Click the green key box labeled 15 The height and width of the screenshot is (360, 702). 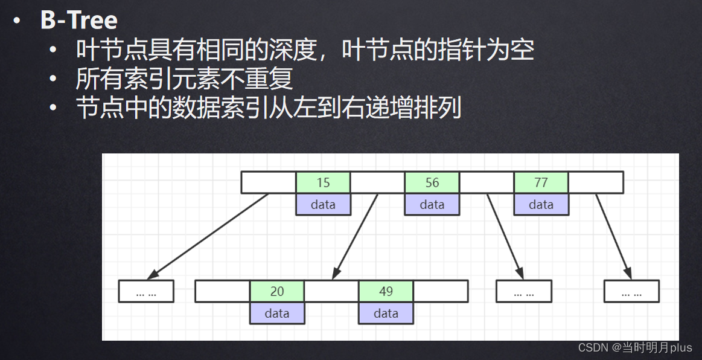coord(323,182)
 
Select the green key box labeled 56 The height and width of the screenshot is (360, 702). coord(432,182)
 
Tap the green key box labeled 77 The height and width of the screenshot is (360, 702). coord(541,182)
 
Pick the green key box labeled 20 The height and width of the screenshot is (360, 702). coord(277,291)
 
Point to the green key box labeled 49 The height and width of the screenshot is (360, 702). coord(386,291)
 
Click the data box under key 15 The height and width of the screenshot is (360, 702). coord(323,204)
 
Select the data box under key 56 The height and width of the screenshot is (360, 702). coord(432,204)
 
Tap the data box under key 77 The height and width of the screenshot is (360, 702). coord(541,204)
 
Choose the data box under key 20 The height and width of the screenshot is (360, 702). coord(277,313)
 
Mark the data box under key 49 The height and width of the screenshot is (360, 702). coord(386,313)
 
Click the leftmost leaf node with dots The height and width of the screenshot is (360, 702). coord(146,291)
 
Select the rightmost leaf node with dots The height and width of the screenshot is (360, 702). coord(631,291)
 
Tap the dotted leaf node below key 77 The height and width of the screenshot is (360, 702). coord(523,291)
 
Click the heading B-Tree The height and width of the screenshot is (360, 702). coord(78,21)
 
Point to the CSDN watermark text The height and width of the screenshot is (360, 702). coord(635,347)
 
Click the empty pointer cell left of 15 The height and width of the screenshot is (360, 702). coord(268,182)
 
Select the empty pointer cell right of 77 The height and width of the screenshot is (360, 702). coord(596,182)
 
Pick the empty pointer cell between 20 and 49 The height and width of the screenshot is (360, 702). coord(331,291)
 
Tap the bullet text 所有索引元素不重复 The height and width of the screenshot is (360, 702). coord(184,79)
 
